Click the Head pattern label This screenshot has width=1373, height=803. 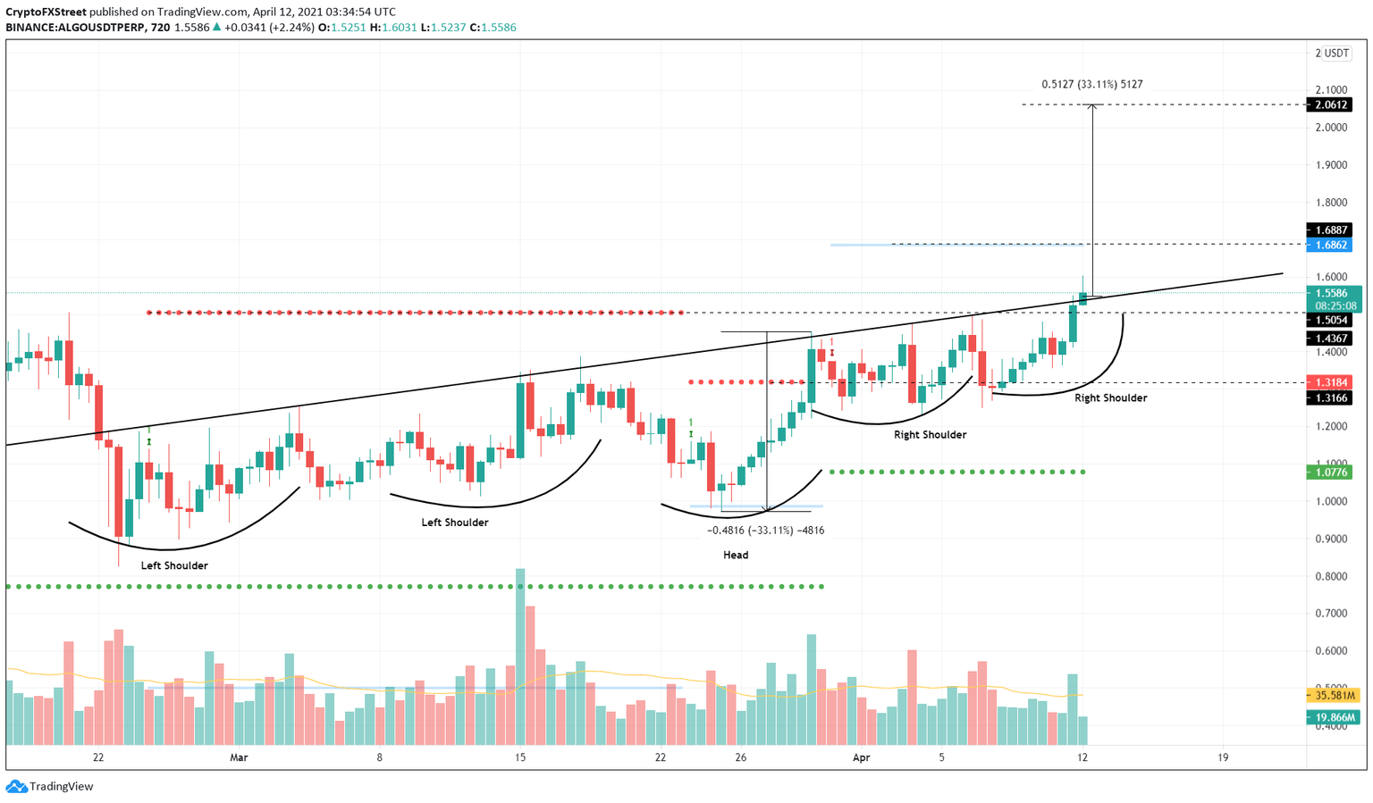point(736,555)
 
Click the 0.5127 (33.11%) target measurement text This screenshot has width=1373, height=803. point(1091,84)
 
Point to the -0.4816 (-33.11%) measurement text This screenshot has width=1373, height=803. point(765,530)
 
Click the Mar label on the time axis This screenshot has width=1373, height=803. point(239,757)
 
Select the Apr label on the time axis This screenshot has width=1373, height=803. point(861,757)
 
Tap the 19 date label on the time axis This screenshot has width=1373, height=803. point(1223,757)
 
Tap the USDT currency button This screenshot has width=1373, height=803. point(1336,54)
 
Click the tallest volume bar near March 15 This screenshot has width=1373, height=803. point(520,657)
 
